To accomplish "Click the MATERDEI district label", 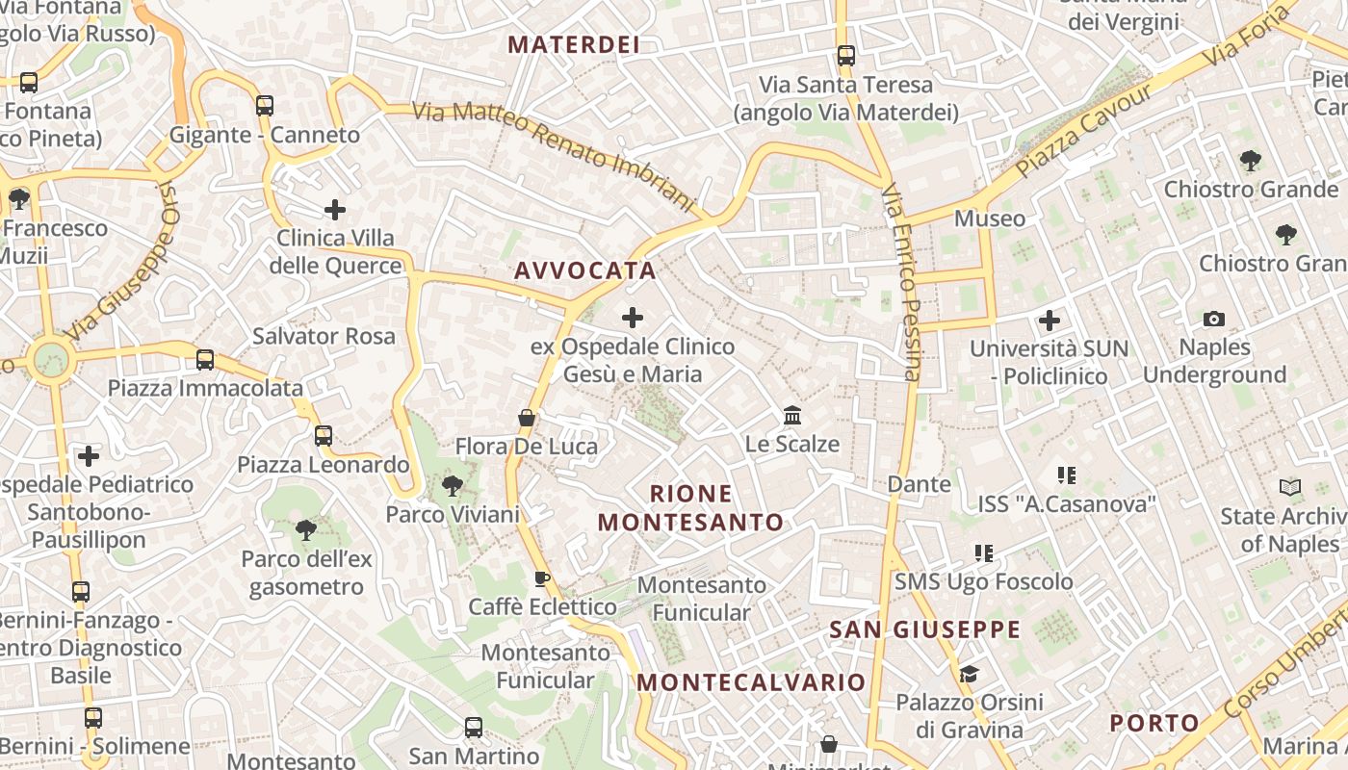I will click(574, 44).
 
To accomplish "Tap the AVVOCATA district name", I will click(584, 270).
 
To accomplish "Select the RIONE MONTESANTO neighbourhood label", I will click(690, 508).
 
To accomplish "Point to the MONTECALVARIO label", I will click(751, 682).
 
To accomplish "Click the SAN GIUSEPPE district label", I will click(924, 629).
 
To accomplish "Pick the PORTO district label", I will click(1154, 723).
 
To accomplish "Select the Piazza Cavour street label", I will click(1083, 131).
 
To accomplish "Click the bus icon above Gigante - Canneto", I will click(265, 106).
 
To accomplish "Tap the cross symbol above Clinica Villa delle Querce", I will click(335, 209).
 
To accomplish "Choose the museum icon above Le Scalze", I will click(792, 416).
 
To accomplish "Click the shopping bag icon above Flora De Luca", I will click(527, 418).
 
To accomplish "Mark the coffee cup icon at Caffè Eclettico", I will click(542, 578).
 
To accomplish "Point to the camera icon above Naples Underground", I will click(1214, 319).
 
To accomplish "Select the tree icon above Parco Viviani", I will click(452, 486).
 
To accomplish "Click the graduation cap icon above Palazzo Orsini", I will click(969, 674).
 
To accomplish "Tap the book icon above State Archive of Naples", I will click(1289, 488).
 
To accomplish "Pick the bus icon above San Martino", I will click(473, 727).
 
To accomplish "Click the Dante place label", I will click(919, 484).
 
